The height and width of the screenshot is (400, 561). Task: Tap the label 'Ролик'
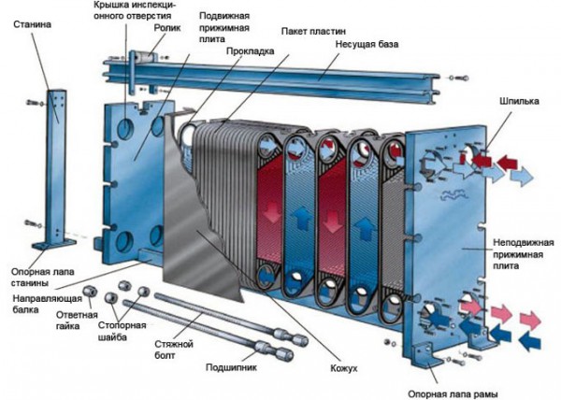[166, 28]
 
